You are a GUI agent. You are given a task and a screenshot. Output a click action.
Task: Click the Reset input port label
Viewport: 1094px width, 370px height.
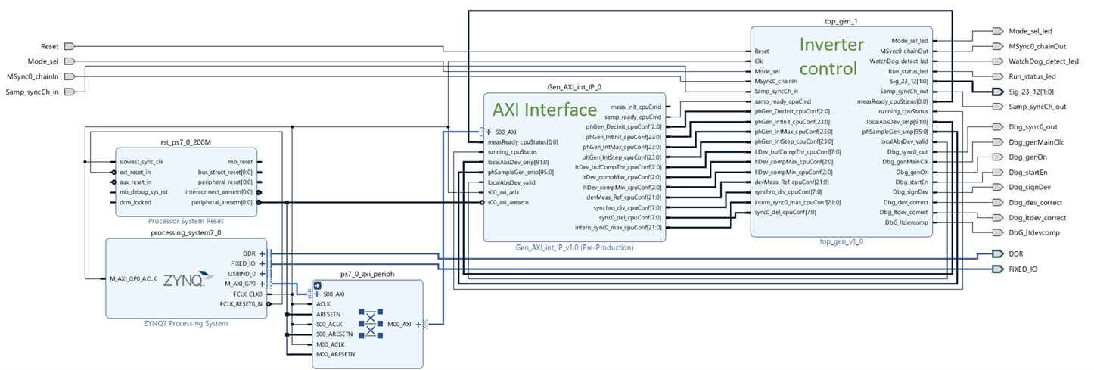pyautogui.click(x=50, y=47)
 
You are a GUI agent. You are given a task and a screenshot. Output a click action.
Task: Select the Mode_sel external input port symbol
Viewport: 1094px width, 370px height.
pyautogui.click(x=69, y=61)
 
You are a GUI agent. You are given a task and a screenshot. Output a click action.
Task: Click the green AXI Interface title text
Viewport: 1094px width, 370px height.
pyautogui.click(x=545, y=109)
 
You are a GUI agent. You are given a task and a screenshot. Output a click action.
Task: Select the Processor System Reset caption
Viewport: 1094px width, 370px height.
pyautogui.click(x=186, y=221)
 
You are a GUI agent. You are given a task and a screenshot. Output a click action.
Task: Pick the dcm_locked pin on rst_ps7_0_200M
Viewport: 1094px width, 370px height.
pyautogui.click(x=135, y=202)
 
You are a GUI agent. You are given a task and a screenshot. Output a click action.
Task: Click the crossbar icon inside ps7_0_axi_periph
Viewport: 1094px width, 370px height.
pyautogui.click(x=371, y=323)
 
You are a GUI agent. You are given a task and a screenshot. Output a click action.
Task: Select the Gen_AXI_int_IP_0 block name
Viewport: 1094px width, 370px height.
pyautogui.click(x=574, y=88)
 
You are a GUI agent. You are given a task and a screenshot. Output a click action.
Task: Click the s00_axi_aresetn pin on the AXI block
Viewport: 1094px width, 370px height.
pyautogui.click(x=508, y=202)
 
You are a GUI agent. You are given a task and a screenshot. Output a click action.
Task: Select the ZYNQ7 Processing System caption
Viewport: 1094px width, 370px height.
pyautogui.click(x=186, y=323)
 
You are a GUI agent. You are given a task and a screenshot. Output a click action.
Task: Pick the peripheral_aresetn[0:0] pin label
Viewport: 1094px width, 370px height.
pyautogui.click(x=222, y=202)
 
